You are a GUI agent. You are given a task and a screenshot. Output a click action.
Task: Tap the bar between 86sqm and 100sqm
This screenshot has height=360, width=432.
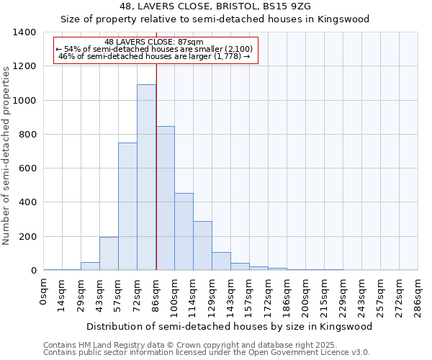[165, 198]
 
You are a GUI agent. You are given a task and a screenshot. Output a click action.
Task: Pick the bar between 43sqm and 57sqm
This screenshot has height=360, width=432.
[109, 253]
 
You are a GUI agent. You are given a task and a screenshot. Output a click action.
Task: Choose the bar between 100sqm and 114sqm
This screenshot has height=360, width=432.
[184, 232]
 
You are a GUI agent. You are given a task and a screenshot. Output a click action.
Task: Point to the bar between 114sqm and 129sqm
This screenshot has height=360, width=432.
[202, 246]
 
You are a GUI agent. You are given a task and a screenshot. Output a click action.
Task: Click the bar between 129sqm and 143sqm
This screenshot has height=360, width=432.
[221, 261]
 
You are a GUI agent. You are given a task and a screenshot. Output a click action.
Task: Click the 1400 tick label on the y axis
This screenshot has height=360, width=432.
[24, 32]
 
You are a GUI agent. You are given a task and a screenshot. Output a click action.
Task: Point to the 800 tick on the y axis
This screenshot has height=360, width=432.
[27, 135]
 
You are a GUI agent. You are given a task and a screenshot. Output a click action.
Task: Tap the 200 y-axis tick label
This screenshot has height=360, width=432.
[27, 237]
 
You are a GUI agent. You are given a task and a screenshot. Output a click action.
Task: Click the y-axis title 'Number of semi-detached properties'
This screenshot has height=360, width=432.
[6, 155]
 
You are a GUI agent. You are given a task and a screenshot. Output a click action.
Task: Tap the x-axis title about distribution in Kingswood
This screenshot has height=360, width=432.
[230, 326]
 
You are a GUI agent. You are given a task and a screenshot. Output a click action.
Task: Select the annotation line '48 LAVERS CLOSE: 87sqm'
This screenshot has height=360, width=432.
[154, 42]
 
